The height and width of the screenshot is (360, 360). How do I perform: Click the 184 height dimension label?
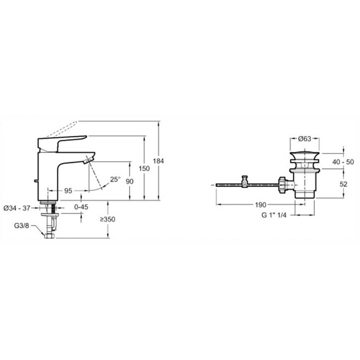pyautogui.click(x=158, y=161)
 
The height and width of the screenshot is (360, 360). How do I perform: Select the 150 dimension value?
pyautogui.click(x=144, y=168)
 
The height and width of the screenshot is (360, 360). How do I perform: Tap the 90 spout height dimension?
pyautogui.click(x=130, y=182)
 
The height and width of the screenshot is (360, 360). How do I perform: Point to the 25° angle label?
pyautogui.click(x=115, y=179)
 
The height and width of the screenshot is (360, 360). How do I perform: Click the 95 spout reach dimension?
pyautogui.click(x=68, y=191)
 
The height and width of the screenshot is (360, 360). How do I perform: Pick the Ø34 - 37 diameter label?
pyautogui.click(x=17, y=208)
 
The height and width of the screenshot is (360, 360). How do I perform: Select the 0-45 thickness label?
pyautogui.click(x=81, y=207)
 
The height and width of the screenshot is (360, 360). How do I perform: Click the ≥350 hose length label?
pyautogui.click(x=108, y=220)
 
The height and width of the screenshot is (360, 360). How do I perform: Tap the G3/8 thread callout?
pyautogui.click(x=22, y=226)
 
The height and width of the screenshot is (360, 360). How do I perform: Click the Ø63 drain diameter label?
pyautogui.click(x=305, y=139)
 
